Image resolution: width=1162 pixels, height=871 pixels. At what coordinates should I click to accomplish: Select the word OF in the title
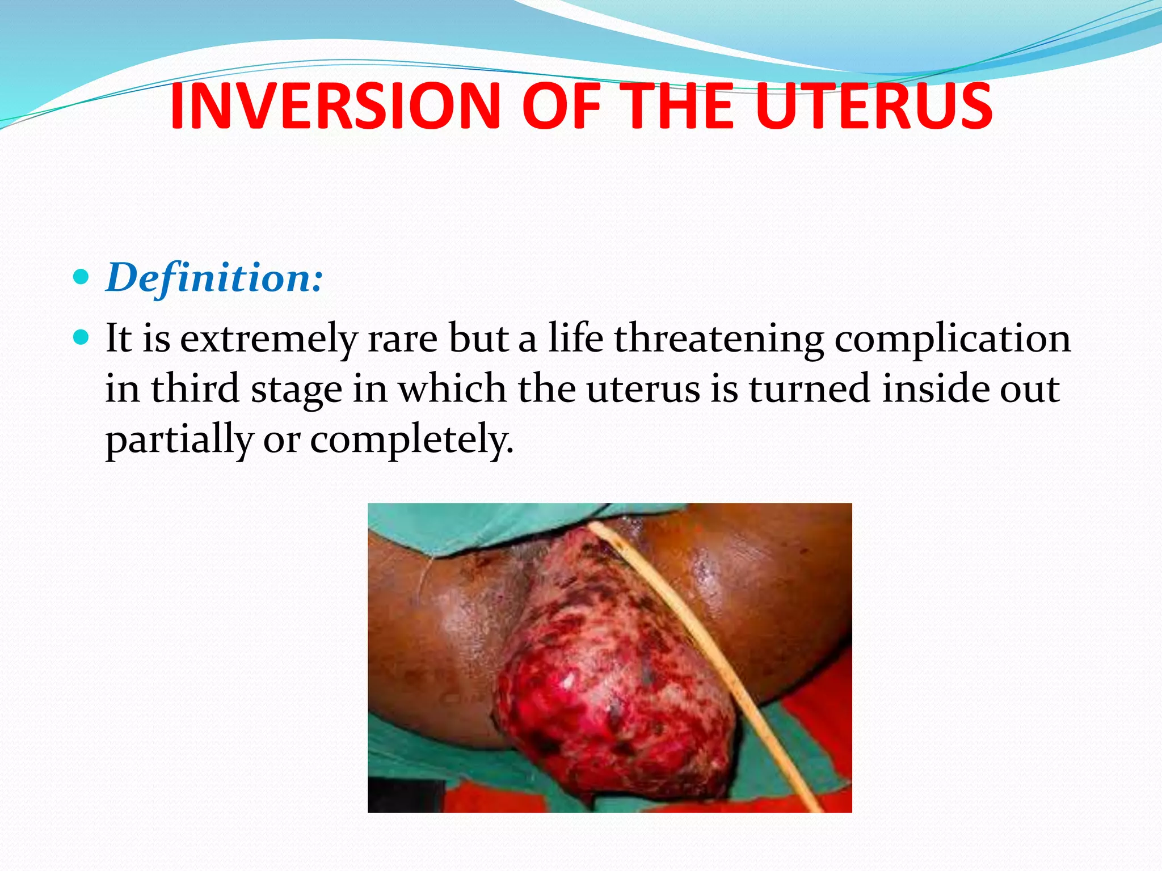560,106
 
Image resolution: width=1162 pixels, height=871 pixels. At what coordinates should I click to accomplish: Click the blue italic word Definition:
214,278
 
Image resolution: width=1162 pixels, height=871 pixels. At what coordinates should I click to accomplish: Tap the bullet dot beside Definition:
82,277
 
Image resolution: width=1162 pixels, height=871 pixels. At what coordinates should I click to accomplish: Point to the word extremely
268,339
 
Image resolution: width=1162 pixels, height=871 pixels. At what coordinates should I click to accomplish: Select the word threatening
719,339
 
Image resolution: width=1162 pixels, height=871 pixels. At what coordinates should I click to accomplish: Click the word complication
952,339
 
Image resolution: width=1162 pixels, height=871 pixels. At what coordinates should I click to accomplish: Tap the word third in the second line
194,389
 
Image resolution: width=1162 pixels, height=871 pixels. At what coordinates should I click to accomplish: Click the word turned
809,389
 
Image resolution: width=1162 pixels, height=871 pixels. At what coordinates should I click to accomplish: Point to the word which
452,389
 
